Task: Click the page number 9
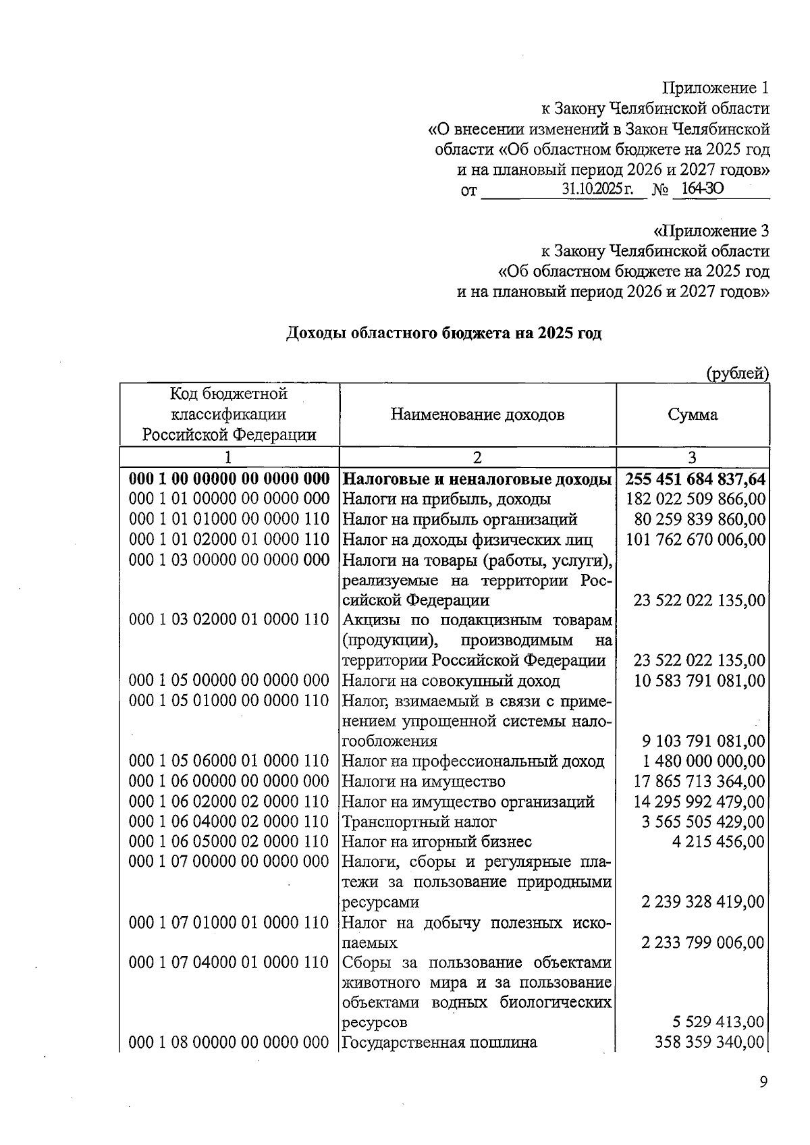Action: (763, 1082)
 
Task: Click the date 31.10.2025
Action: (597, 189)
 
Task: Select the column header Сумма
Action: (693, 415)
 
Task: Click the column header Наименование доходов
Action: (477, 415)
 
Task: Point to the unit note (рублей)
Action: (737, 373)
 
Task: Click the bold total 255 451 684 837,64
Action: (695, 479)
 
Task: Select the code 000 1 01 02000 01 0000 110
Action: (229, 539)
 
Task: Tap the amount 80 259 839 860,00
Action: (700, 519)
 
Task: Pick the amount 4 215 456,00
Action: (718, 842)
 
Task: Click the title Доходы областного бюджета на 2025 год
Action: (444, 334)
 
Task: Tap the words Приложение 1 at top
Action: (715, 88)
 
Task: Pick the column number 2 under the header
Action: (477, 457)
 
